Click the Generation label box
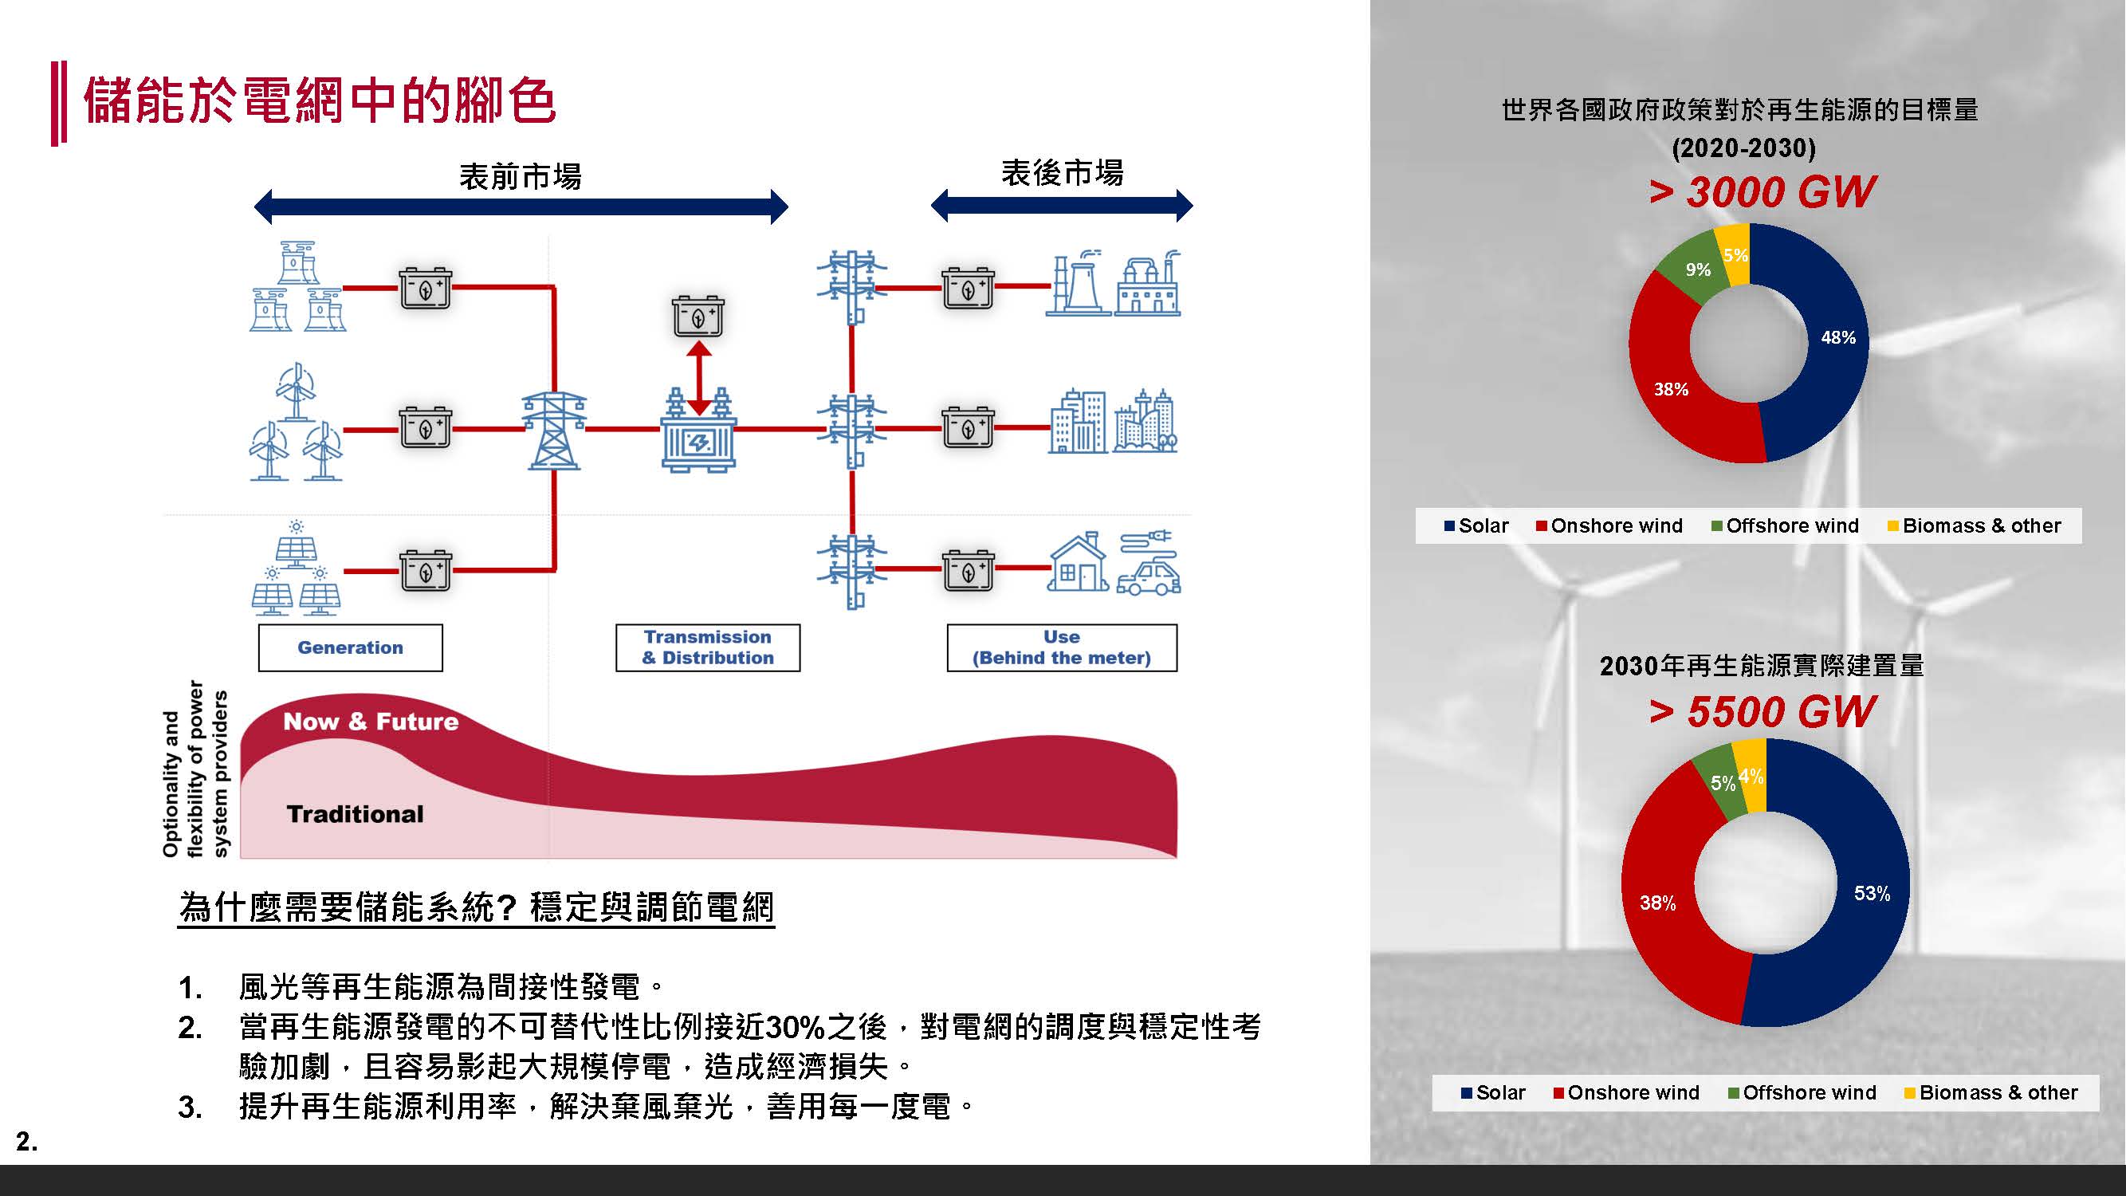[x=350, y=648]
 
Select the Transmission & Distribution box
[x=707, y=648]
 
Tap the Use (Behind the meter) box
[x=1061, y=648]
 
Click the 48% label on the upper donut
[x=1838, y=337]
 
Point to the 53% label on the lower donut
[x=1872, y=893]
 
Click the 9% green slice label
[x=1698, y=270]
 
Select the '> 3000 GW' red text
[x=1761, y=192]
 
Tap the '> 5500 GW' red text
[x=1761, y=711]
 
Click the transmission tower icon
[x=554, y=430]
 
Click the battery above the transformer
[x=698, y=316]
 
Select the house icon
[x=1077, y=564]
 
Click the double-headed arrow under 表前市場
[x=521, y=207]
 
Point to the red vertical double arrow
[x=699, y=377]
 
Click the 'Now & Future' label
[x=371, y=722]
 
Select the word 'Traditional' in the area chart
[x=355, y=815]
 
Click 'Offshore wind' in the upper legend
[x=1792, y=525]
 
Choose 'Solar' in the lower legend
[x=1499, y=1093]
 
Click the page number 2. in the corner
[x=26, y=1142]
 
